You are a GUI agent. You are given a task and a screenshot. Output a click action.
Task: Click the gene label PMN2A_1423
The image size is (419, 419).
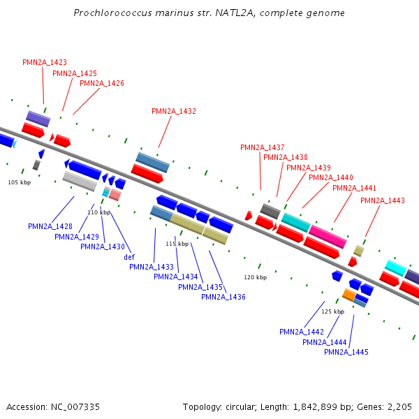[45, 62]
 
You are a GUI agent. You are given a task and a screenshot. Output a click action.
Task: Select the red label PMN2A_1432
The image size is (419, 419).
[174, 111]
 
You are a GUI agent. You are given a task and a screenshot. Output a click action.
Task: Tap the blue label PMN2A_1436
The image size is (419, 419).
[223, 297]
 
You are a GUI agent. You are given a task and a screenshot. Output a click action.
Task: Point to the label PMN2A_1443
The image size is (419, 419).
[383, 200]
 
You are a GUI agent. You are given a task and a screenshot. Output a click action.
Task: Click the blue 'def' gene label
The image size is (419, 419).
[129, 257]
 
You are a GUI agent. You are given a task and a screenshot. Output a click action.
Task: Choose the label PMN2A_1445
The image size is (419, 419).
[346, 352]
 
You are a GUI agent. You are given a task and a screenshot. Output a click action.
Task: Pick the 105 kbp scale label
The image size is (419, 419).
[20, 182]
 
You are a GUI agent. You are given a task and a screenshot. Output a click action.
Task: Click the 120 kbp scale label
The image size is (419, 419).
[256, 277]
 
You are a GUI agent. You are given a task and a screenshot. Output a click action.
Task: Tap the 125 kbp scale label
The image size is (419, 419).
[332, 311]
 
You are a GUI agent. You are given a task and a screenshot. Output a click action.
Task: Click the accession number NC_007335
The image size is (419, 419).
[75, 406]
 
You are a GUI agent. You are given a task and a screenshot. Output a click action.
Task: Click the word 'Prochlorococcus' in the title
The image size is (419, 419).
[108, 13]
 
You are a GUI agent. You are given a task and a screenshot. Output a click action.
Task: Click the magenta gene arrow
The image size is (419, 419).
[328, 236]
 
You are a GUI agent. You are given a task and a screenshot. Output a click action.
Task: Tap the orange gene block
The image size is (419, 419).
[349, 295]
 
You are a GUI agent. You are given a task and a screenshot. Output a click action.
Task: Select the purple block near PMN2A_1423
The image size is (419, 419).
[38, 118]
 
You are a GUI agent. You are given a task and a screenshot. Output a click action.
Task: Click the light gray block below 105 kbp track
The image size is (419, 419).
[79, 181]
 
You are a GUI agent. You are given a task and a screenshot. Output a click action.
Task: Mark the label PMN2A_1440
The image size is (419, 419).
[331, 177]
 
